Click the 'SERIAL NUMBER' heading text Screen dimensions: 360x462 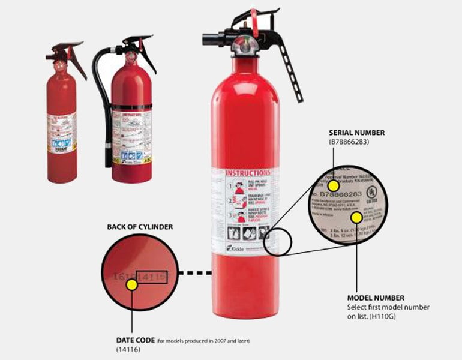pyautogui.click(x=356, y=133)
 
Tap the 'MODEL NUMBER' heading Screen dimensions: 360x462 pyautogui.click(x=376, y=298)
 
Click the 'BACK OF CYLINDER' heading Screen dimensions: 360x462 pyautogui.click(x=140, y=227)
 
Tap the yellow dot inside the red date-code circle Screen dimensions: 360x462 pyautogui.click(x=132, y=285)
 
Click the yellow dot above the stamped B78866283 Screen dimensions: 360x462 pyautogui.click(x=333, y=185)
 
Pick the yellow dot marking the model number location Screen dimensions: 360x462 pyautogui.click(x=356, y=217)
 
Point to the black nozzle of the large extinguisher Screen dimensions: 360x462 pyautogui.click(x=211, y=40)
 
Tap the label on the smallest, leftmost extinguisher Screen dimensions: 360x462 pyautogui.click(x=62, y=133)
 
